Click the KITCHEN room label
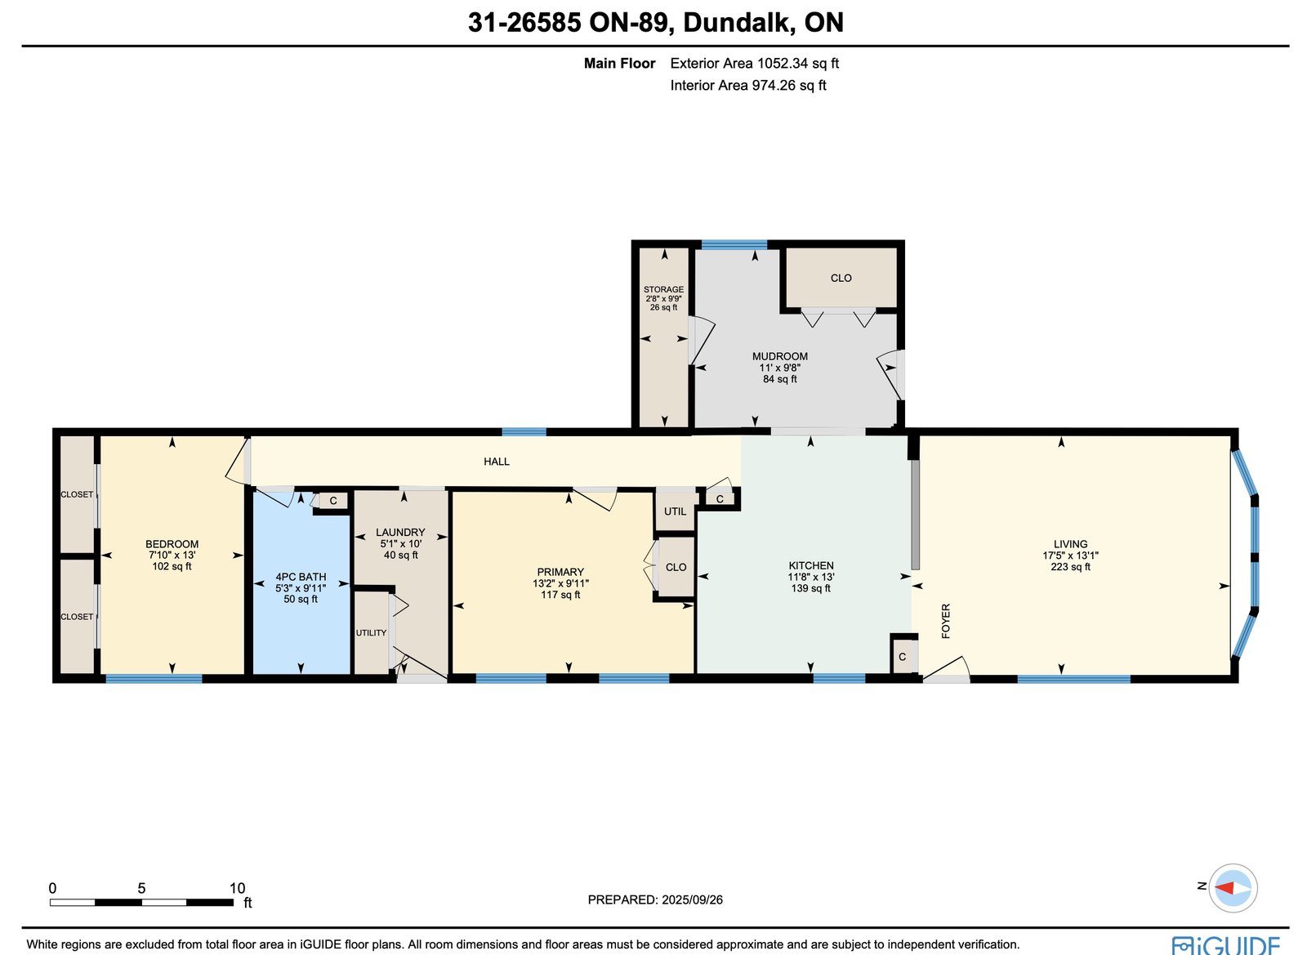[811, 565]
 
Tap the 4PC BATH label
[301, 577]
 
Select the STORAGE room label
[663, 289]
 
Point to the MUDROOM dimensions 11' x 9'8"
[779, 368]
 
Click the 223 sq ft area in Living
[1070, 566]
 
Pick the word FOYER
[946, 621]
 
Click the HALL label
[497, 462]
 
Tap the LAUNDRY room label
[400, 532]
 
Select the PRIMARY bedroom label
[560, 572]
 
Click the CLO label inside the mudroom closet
[841, 279]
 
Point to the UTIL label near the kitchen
[675, 511]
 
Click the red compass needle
[1224, 889]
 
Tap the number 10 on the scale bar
[237, 889]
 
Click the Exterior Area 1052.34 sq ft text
[755, 63]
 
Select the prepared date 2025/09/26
[692, 900]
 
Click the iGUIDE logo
[1226, 945]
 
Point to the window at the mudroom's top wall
[734, 244]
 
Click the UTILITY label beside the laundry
[371, 633]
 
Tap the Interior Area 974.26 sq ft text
[748, 85]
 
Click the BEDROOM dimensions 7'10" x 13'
[172, 556]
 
